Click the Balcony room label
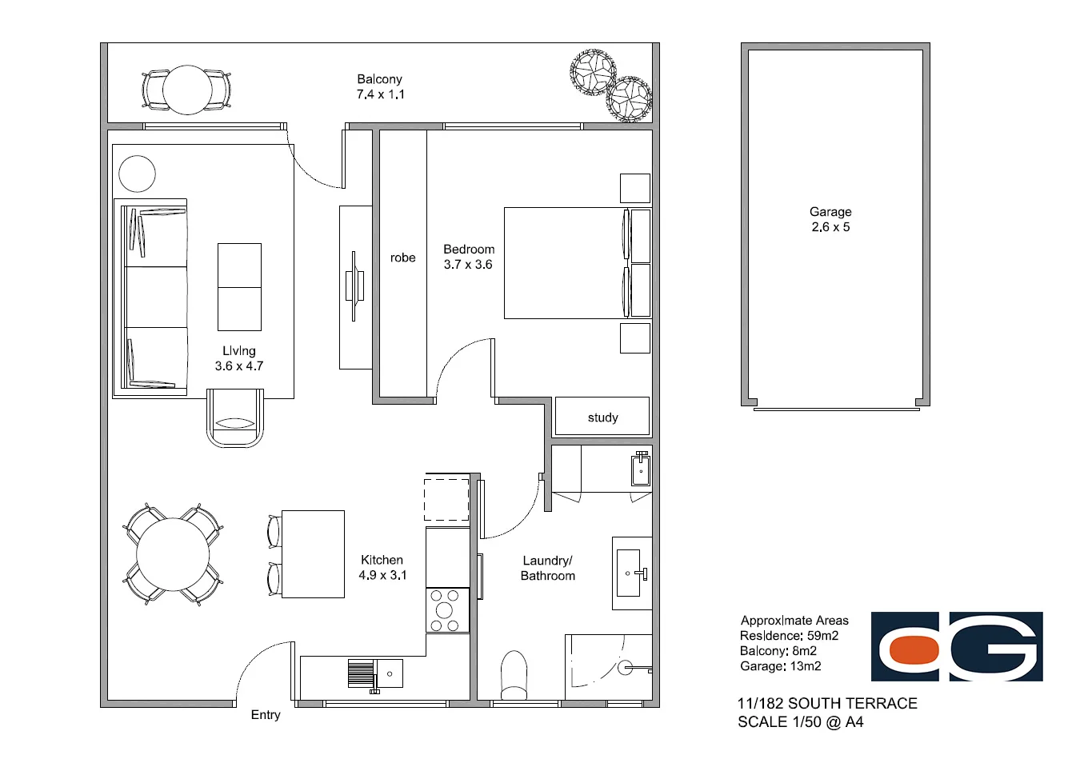[379, 79]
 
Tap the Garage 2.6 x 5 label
[830, 219]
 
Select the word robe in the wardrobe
[402, 258]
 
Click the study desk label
[602, 417]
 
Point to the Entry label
[266, 715]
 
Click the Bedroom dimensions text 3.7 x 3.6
[468, 265]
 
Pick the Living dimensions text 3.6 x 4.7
[238, 366]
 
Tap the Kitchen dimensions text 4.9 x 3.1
[382, 575]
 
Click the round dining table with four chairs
[173, 554]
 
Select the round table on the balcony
[187, 90]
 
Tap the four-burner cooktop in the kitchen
[445, 610]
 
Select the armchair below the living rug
[235, 418]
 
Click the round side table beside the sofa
[138, 174]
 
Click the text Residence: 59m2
[789, 636]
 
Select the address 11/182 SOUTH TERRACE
[827, 704]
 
